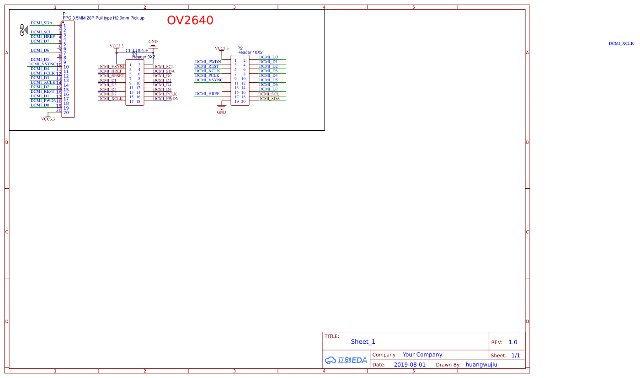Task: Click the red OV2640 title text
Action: [x=190, y=21]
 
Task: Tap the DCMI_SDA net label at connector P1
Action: [x=41, y=23]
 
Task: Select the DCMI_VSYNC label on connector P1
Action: [x=42, y=64]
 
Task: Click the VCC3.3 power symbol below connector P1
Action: [x=48, y=119]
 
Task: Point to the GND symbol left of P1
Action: [x=23, y=30]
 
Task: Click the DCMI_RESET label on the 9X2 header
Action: [x=111, y=76]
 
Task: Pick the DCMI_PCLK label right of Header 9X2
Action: [x=165, y=94]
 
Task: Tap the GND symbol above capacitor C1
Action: [x=153, y=44]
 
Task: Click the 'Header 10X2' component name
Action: [x=250, y=52]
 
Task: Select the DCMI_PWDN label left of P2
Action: [x=208, y=62]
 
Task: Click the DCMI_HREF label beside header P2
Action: [x=207, y=94]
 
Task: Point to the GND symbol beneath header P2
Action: [x=221, y=110]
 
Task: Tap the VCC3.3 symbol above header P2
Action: [x=221, y=48]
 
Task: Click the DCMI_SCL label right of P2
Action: [x=268, y=94]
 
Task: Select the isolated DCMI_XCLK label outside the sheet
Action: [x=621, y=43]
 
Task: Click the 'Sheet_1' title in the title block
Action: [x=363, y=341]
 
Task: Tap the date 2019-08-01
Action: [x=409, y=365]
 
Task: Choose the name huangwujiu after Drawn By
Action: [x=481, y=365]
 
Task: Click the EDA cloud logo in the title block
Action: [x=346, y=360]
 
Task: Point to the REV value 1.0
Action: [x=513, y=342]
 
